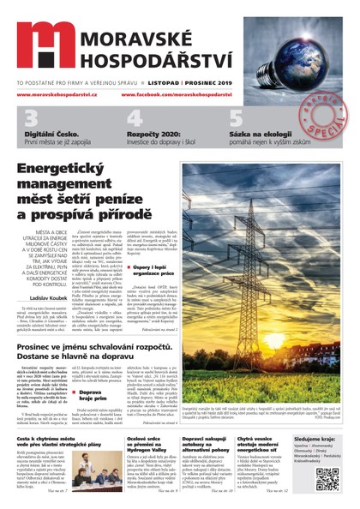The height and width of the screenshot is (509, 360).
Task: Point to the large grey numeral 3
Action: (31, 119)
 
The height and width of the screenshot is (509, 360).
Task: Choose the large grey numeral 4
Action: (135, 119)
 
